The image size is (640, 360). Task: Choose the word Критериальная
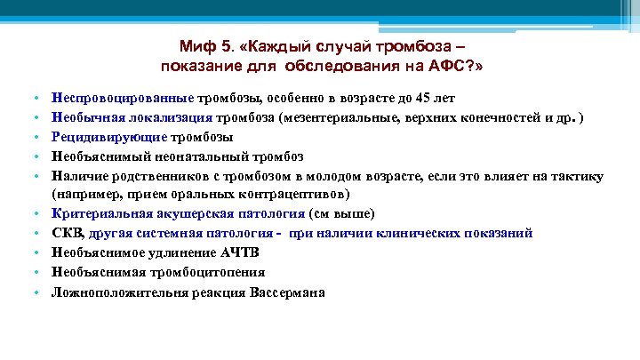tap(92, 214)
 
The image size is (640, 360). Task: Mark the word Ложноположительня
tap(108, 292)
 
